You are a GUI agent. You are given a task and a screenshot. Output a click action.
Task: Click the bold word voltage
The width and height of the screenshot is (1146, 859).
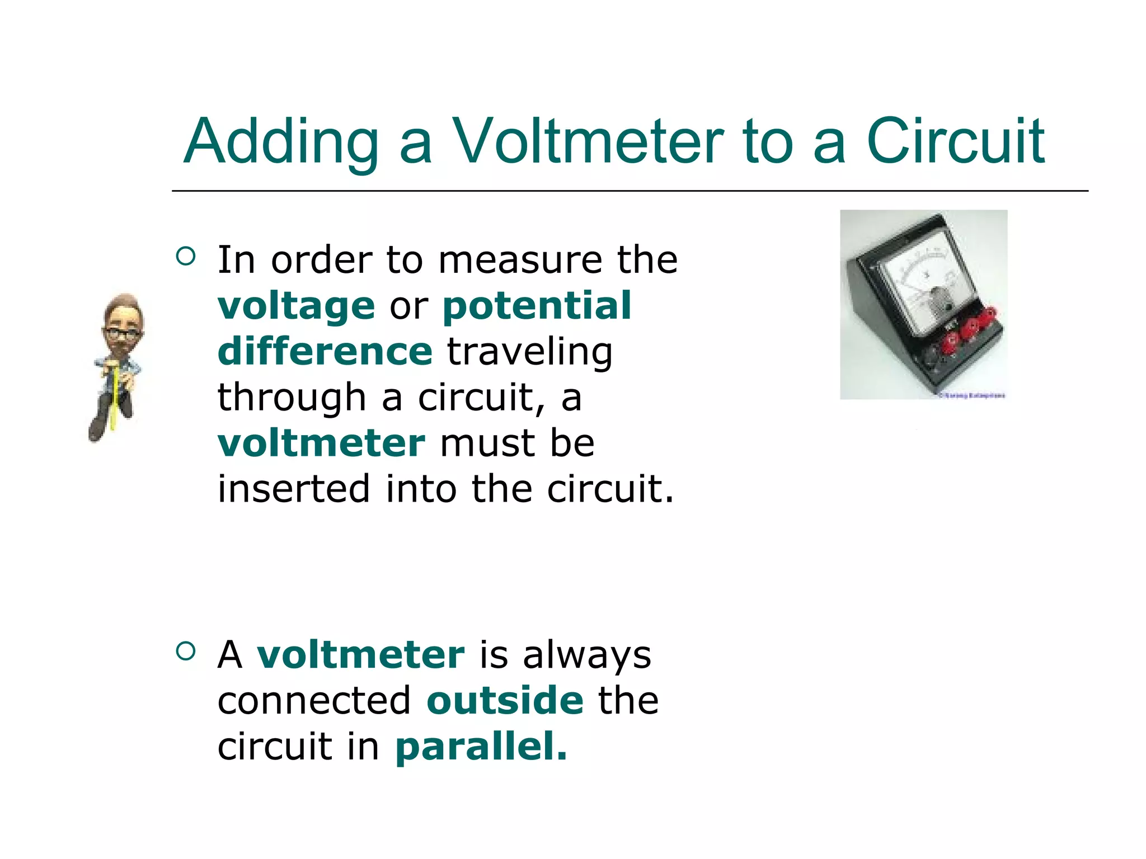coord(296,306)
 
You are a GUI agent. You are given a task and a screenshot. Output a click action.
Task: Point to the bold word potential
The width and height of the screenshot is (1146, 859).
coord(537,305)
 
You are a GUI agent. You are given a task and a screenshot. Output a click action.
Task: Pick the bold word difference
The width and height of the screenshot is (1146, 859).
coord(325,351)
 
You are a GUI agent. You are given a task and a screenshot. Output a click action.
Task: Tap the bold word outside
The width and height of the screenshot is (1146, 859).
coord(505,700)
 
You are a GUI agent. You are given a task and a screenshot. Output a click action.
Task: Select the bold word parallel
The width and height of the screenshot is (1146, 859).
coord(481,746)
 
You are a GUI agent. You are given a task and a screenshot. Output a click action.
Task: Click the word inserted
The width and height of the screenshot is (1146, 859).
coord(294,488)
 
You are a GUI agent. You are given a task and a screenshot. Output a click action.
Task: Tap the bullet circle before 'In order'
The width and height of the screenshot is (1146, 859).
coord(186,256)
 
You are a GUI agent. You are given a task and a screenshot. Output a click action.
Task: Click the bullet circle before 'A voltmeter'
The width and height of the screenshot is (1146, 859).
coord(186,650)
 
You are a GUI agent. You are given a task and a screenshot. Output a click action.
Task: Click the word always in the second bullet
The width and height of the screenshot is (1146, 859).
coord(587,655)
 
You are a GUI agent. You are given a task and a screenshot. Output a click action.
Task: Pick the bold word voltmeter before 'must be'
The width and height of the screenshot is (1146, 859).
coord(321,443)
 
